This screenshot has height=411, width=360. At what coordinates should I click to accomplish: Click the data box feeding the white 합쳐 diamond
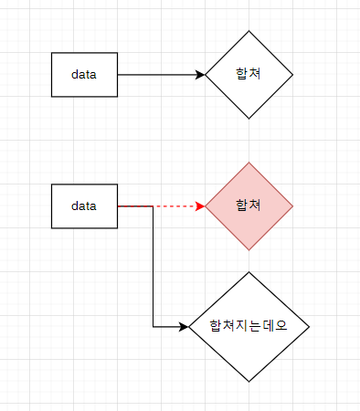click(85, 74)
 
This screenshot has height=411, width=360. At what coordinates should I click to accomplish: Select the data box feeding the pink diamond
click(85, 206)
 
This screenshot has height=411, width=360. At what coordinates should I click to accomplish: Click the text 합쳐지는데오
click(249, 326)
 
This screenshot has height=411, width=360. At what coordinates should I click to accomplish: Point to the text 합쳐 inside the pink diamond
click(249, 206)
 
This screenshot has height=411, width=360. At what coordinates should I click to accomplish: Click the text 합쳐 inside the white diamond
click(249, 74)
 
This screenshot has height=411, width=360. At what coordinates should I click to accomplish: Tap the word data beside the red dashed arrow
click(85, 206)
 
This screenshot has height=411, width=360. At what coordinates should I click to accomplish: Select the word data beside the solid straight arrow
click(85, 74)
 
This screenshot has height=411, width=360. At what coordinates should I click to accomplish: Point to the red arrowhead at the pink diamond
click(200, 206)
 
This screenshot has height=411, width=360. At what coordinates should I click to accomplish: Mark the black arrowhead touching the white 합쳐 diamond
click(200, 74)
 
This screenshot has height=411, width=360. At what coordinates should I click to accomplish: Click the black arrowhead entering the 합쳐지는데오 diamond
click(184, 326)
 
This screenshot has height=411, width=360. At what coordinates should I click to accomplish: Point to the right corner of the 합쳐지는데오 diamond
click(309, 326)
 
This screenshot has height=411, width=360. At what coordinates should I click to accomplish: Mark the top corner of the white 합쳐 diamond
click(249, 31)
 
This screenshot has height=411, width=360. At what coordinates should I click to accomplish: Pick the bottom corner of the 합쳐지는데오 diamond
click(249, 381)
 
